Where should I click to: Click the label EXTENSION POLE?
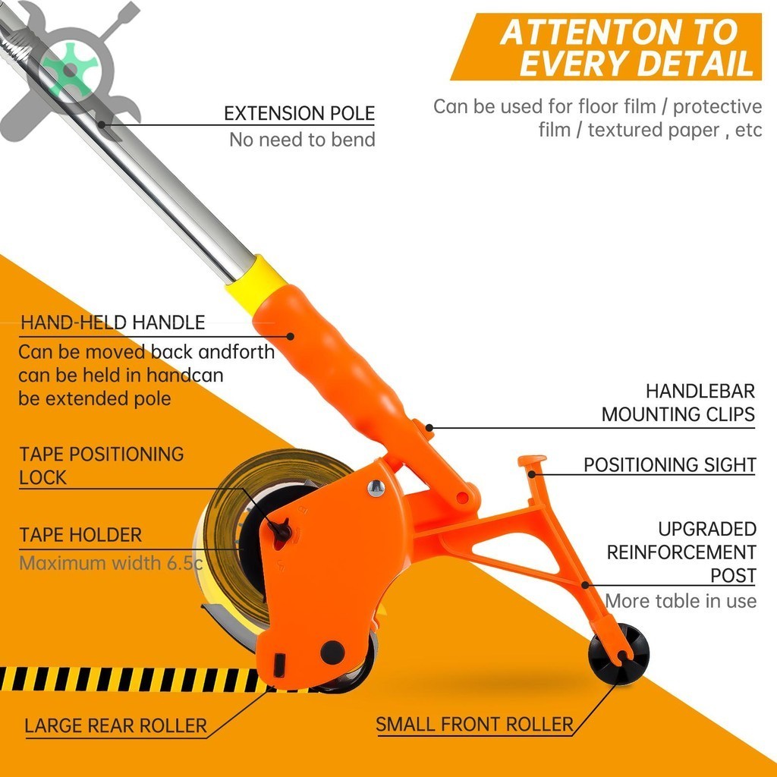[299, 114]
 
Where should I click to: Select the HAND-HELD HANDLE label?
[112, 322]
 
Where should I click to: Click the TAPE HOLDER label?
[80, 535]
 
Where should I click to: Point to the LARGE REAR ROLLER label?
[115, 726]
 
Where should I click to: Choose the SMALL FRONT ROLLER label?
[474, 725]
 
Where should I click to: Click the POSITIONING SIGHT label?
[669, 465]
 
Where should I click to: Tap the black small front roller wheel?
[618, 653]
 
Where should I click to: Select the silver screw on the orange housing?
[376, 488]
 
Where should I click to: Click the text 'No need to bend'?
[302, 140]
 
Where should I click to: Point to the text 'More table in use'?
[681, 601]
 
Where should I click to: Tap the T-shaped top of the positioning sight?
[532, 461]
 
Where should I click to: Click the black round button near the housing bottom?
[332, 652]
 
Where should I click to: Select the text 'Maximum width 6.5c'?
[111, 563]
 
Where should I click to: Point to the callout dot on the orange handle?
[291, 336]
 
